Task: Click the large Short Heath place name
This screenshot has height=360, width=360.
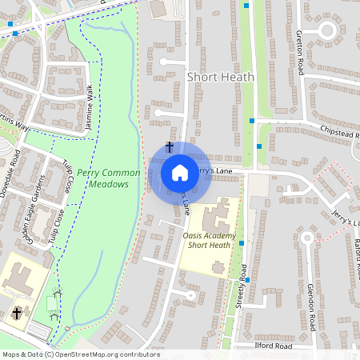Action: tap(220, 77)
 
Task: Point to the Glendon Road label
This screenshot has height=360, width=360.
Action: tap(311, 303)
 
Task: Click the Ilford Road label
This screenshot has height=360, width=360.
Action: tap(272, 346)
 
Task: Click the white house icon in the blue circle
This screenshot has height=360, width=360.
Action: tap(180, 172)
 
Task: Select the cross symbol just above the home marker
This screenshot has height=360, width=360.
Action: tap(169, 147)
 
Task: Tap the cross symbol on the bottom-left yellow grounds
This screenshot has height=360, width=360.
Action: tap(17, 313)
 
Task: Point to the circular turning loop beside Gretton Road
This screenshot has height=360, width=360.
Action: tap(326, 30)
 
